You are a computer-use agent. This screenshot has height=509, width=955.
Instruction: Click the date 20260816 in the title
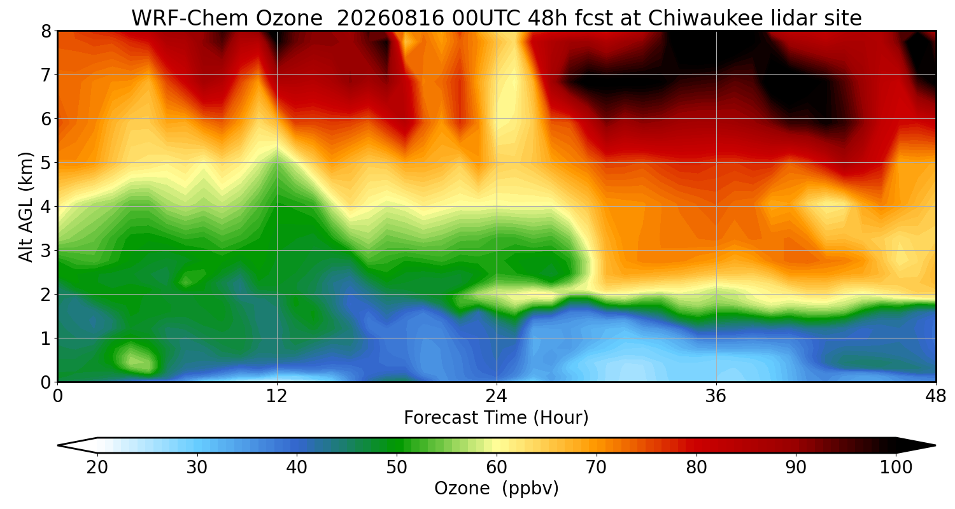(x=390, y=18)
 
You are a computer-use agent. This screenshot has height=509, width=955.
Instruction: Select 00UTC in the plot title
(x=486, y=18)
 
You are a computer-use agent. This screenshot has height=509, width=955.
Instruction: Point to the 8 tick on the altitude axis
(x=46, y=32)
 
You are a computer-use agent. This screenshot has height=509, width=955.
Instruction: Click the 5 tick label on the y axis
(x=46, y=163)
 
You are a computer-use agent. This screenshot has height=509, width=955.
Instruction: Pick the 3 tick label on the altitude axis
(x=46, y=251)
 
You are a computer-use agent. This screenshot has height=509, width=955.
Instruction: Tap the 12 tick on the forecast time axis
(x=277, y=396)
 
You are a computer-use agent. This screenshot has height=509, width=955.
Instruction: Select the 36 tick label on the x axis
(x=716, y=396)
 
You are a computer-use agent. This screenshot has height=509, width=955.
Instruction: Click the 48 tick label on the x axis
(x=935, y=396)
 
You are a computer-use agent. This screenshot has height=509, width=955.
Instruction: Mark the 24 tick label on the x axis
(x=496, y=396)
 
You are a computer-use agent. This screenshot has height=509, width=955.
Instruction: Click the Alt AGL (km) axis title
(x=26, y=207)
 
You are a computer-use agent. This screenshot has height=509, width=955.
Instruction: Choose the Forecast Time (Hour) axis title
(x=496, y=418)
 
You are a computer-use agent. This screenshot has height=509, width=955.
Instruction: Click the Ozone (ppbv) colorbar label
(x=496, y=489)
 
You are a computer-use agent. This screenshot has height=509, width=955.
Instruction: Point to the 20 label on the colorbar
(x=97, y=468)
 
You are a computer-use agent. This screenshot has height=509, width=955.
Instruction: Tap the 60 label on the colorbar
(x=496, y=468)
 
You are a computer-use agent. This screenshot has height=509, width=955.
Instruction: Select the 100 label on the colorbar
(x=896, y=468)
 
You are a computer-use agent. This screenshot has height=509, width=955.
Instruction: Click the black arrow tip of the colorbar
(x=935, y=445)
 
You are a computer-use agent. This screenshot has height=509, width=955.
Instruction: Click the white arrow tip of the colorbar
(x=59, y=445)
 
